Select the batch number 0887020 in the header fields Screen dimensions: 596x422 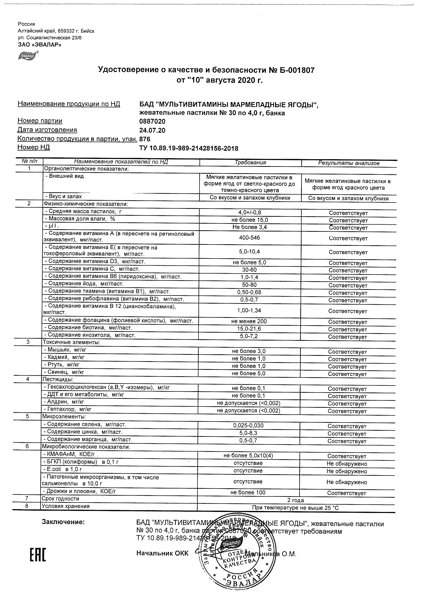tap(152, 121)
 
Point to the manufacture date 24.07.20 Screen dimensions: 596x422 tap(152, 130)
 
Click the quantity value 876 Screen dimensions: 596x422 tap(145, 139)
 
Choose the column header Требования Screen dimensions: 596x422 tap(250, 162)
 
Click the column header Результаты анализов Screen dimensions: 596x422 tap(349, 163)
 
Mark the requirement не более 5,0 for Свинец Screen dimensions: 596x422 tap(249, 374)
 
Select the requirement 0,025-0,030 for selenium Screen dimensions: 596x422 tap(248, 425)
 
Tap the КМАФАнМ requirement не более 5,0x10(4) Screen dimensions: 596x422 tap(248, 456)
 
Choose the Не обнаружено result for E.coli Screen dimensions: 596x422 tap(347, 471)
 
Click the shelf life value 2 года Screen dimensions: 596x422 tap(295, 500)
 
